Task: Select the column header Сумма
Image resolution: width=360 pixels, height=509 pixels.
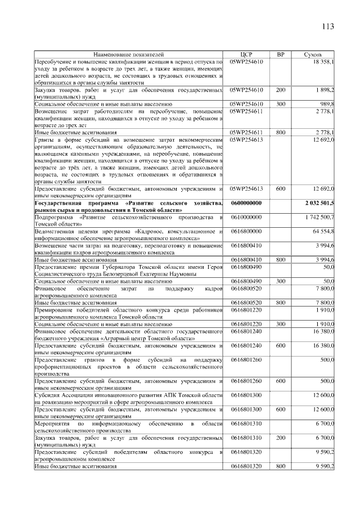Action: pyautogui.click(x=312, y=55)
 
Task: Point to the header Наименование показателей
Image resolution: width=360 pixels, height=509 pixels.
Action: pyautogui.click(x=129, y=55)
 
